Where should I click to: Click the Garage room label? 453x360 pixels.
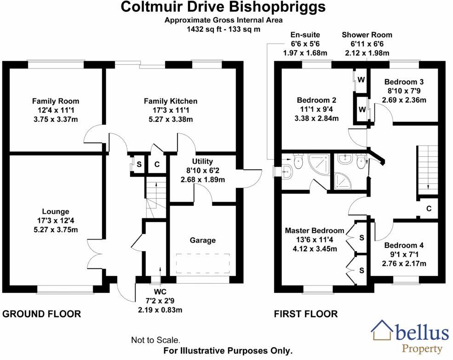tap(202, 240)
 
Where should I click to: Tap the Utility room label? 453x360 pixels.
tap(202, 161)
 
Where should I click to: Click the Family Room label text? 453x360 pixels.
tap(55, 101)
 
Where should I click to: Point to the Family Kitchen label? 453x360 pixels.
tap(171, 101)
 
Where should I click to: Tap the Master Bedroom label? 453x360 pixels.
tap(314, 230)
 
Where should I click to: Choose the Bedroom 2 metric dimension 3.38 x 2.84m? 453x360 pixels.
tap(317, 118)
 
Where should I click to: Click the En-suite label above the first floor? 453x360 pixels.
tap(305, 35)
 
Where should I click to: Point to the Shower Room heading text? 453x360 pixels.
tap(367, 35)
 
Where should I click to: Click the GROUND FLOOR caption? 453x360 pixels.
tap(42, 314)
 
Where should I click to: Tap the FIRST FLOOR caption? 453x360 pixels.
tap(305, 314)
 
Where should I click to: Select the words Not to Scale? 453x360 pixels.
tap(156, 340)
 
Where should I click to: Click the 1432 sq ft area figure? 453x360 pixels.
tap(205, 29)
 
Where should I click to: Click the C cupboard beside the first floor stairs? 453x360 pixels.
tap(428, 208)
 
